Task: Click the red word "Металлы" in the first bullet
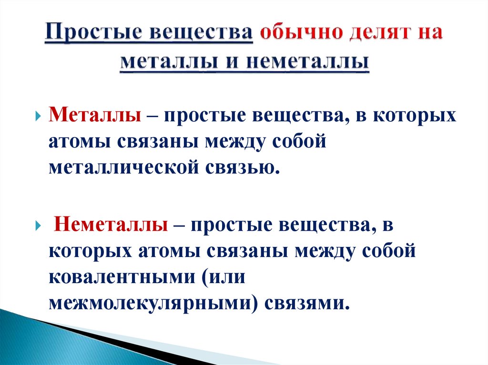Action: coord(94,117)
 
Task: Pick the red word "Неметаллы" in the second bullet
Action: coord(110,225)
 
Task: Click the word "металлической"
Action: coord(123,168)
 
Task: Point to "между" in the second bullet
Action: coord(325,250)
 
